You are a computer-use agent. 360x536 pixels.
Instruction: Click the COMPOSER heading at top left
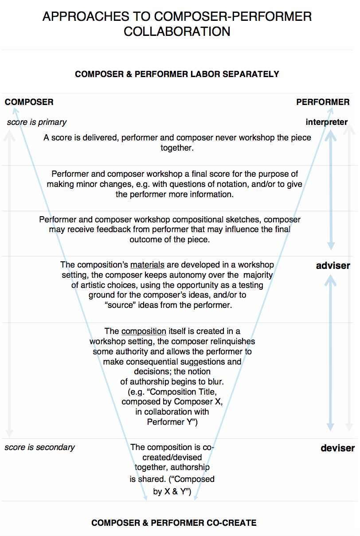(x=29, y=102)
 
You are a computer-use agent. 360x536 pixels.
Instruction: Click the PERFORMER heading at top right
(x=323, y=102)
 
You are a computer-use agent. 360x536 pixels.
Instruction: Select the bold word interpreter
(x=327, y=122)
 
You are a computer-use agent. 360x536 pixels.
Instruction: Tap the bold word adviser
(x=333, y=266)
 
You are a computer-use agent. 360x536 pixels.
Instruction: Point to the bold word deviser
(x=338, y=448)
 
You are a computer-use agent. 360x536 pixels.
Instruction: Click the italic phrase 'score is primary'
(x=37, y=122)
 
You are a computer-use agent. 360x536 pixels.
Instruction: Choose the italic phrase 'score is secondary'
(x=39, y=447)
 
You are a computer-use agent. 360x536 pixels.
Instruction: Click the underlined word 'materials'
(x=147, y=265)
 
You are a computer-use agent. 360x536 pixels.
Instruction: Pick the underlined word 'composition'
(x=144, y=331)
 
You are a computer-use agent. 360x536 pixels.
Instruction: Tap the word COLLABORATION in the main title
(x=177, y=32)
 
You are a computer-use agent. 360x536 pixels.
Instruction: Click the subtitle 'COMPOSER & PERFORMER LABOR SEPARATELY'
(x=177, y=74)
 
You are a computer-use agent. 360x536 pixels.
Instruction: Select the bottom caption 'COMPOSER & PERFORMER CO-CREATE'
(x=174, y=523)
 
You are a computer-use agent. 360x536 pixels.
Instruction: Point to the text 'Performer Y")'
(x=172, y=422)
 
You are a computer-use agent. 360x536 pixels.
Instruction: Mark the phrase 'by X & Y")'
(x=172, y=491)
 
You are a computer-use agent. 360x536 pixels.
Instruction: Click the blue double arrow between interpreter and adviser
(x=330, y=190)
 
